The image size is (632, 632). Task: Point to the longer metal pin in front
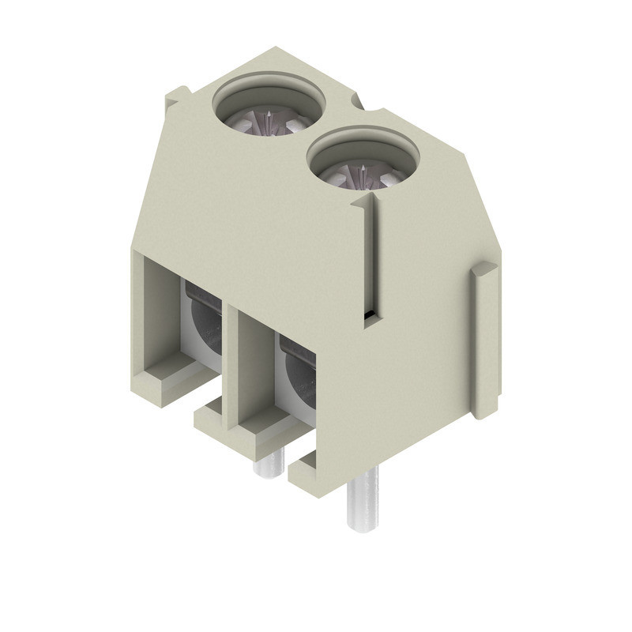tap(362, 498)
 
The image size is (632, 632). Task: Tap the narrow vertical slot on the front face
tap(369, 253)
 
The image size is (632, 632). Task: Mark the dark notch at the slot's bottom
tap(369, 318)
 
